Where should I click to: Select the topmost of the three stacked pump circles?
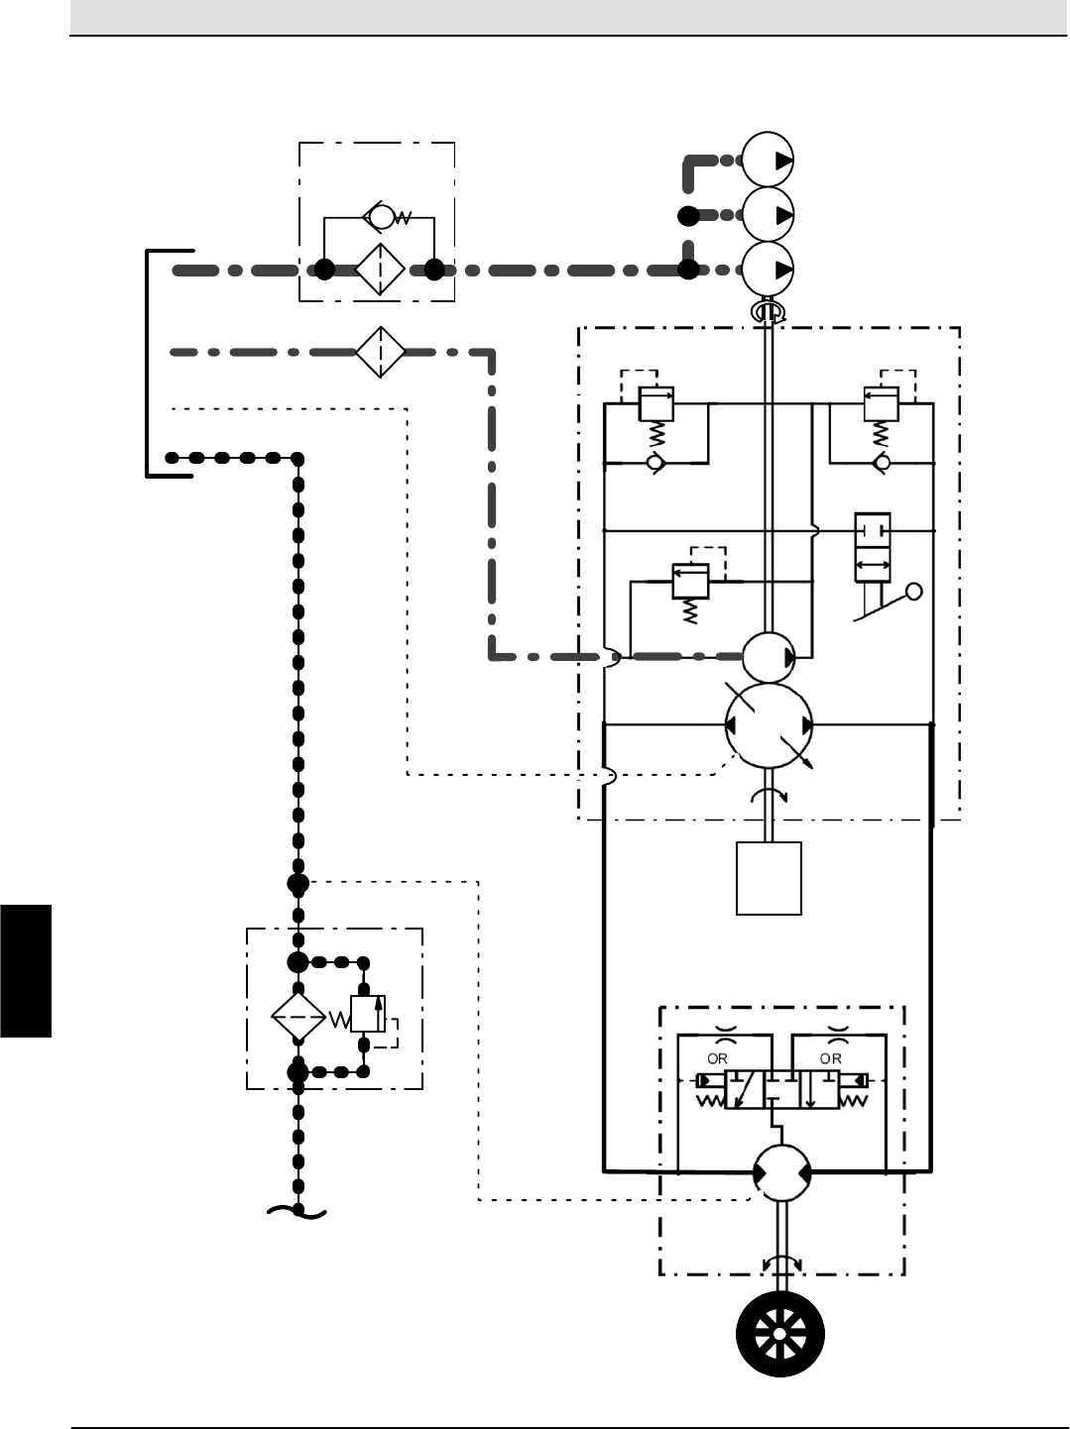tap(769, 161)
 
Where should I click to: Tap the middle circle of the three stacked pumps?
tap(769, 214)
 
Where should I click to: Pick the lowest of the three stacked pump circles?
tap(769, 269)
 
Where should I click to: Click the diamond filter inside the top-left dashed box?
tap(380, 269)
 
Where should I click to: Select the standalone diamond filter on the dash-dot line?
tap(381, 351)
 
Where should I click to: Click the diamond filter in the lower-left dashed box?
tap(298, 1018)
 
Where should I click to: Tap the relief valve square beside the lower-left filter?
tap(367, 1015)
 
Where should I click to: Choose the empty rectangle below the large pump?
tap(769, 878)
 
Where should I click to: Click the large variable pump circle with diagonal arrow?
tap(769, 725)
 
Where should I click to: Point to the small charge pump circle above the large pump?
tap(769, 656)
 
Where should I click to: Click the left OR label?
tap(717, 1058)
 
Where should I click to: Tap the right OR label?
tap(831, 1058)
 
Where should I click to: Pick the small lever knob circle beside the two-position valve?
tap(913, 592)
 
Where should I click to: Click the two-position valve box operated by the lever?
tap(873, 547)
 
